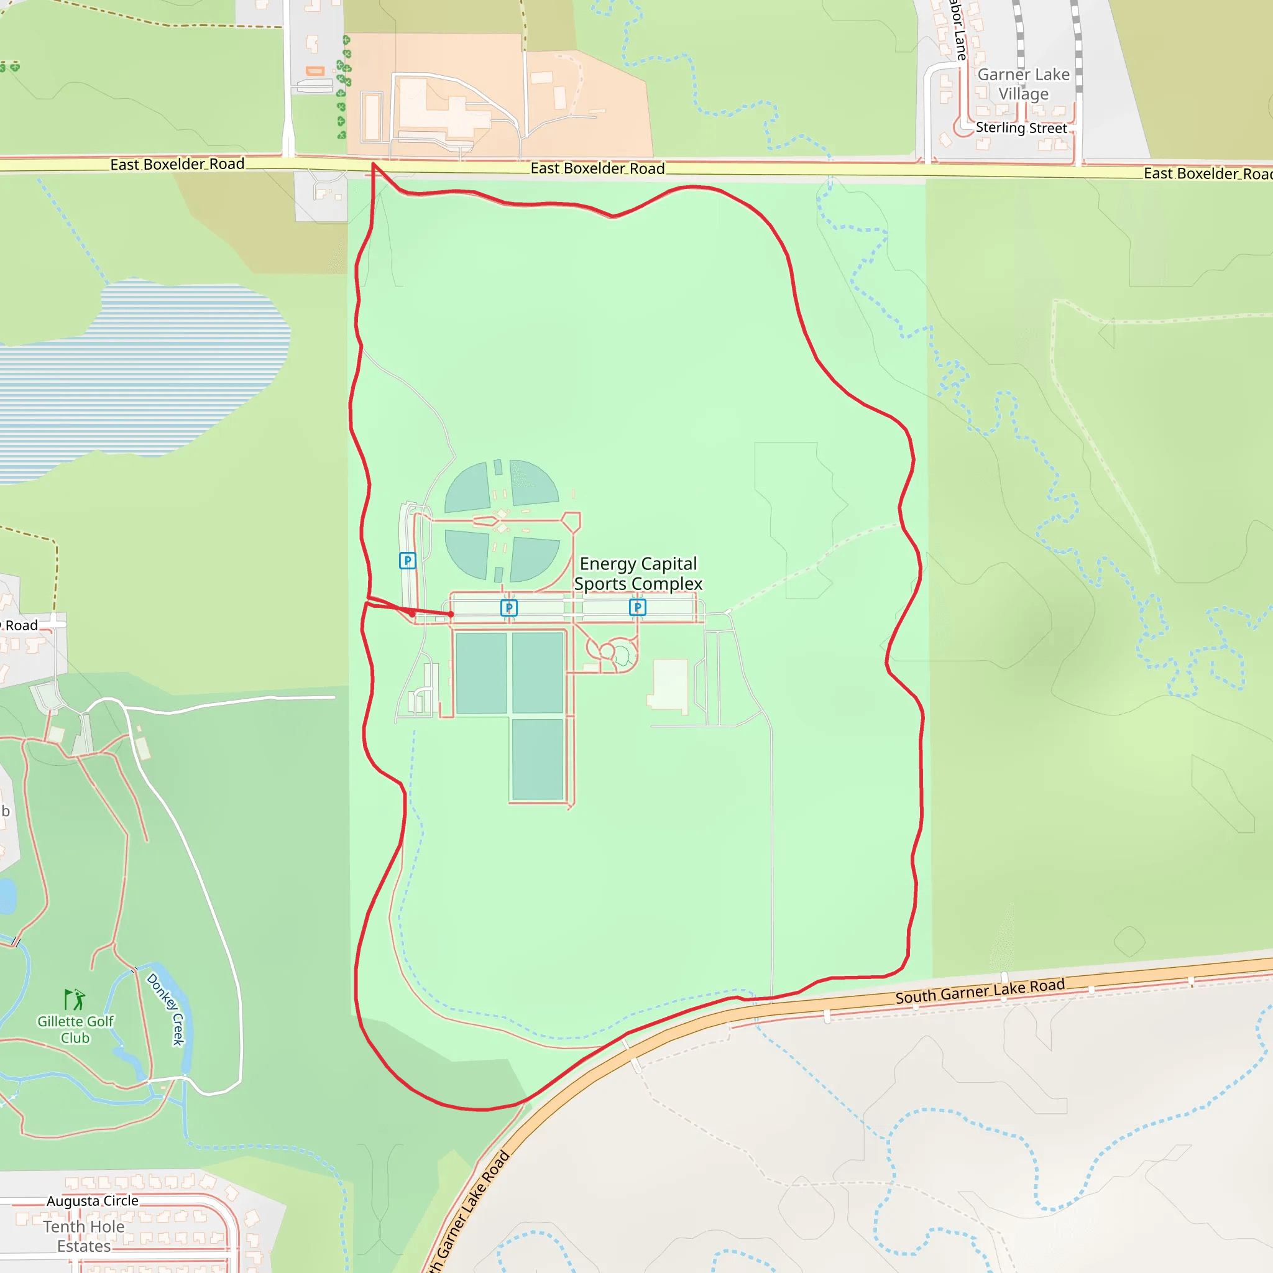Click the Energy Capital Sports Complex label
point(638,574)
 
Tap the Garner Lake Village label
point(1023,85)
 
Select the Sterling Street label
point(1021,128)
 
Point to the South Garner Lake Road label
point(980,991)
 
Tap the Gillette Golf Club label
point(75,1029)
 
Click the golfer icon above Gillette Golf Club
point(75,999)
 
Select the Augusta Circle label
point(92,1200)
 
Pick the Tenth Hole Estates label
point(84,1236)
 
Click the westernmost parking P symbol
point(407,561)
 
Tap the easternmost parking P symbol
point(637,607)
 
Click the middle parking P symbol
point(508,607)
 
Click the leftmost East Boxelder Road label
point(177,164)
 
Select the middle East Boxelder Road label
point(597,168)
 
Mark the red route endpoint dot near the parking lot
point(451,614)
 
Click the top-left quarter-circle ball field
point(467,488)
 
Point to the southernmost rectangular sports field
point(537,759)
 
